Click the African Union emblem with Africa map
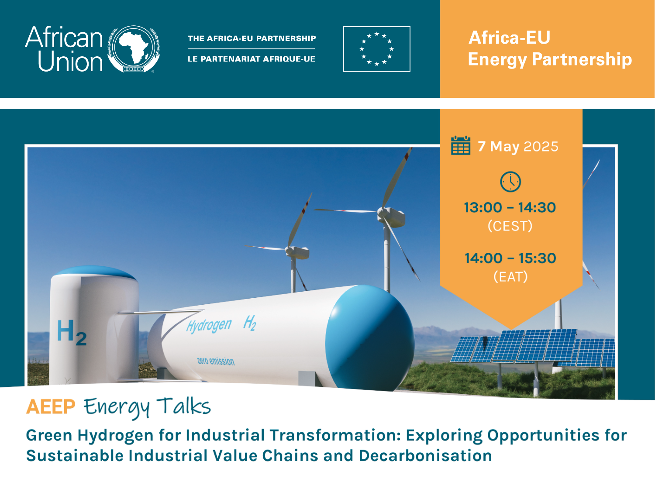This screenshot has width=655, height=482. click(x=134, y=49)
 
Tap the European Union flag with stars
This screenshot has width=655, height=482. click(x=376, y=49)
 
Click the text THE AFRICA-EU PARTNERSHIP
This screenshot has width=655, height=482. click(x=252, y=38)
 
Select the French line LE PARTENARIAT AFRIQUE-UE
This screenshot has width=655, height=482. click(x=252, y=59)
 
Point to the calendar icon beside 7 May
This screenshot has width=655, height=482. click(x=461, y=145)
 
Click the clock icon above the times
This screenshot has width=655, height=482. click(x=510, y=182)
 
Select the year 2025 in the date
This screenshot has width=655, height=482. click(x=541, y=146)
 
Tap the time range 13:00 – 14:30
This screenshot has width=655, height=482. click(x=510, y=207)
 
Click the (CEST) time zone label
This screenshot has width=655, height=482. click(x=510, y=226)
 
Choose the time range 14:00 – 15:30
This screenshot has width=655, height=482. click(x=510, y=258)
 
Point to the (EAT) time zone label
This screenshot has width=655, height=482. click(x=510, y=276)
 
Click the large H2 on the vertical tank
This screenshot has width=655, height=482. click(x=72, y=332)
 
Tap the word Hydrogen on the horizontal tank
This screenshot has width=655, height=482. click(x=209, y=325)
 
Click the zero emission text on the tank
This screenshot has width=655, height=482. click(x=216, y=361)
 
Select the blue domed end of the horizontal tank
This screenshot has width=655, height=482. click(x=370, y=337)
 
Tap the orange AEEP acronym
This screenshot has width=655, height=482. click(x=51, y=406)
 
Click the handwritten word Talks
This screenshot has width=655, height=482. click(x=184, y=406)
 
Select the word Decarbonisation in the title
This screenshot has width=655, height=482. click(x=425, y=456)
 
